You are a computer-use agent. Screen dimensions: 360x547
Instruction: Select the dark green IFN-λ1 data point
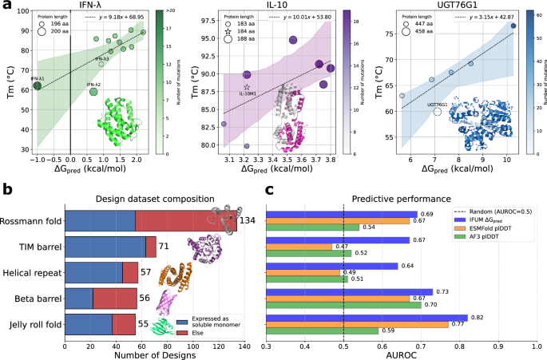click(37, 86)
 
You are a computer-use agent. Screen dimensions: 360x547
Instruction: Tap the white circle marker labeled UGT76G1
click(437, 112)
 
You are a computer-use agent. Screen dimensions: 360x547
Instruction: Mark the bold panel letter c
click(270, 190)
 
